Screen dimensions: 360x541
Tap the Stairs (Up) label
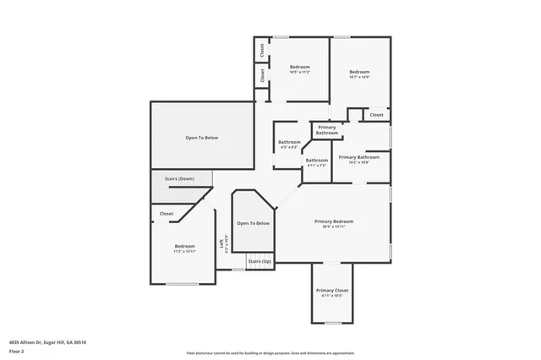coord(260,262)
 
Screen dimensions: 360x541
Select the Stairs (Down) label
coord(179,179)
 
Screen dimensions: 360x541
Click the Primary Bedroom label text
coord(334,221)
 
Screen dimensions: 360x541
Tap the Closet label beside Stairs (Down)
coord(167,214)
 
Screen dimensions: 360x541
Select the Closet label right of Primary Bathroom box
coord(376,115)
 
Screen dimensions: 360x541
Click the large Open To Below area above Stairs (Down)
coord(202,137)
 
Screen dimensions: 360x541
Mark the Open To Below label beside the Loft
coord(254,223)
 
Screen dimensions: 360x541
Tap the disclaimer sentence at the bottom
coord(270,352)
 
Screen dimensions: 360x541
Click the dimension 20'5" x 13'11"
coord(334,226)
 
